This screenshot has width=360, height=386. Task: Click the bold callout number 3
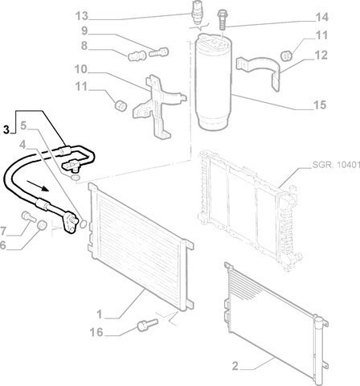point(6,129)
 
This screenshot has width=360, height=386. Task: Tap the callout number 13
point(82,16)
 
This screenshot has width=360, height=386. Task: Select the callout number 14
point(321,17)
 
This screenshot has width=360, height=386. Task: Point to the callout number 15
point(320,105)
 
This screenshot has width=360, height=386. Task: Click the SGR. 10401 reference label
point(336,165)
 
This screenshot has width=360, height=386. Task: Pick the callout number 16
point(96,332)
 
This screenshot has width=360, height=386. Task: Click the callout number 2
point(235,366)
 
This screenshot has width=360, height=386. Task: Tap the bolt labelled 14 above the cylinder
point(222,19)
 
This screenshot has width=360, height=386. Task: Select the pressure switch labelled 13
point(198,12)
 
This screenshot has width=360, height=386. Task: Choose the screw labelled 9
point(158,51)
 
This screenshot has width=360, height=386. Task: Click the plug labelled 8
point(137,55)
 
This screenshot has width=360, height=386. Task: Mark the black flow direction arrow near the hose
point(38,186)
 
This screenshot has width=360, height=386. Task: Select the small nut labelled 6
point(42,225)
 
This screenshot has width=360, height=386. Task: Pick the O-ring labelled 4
point(84,224)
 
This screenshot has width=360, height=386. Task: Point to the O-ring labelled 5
point(76,178)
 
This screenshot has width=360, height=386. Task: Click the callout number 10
point(81,69)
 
